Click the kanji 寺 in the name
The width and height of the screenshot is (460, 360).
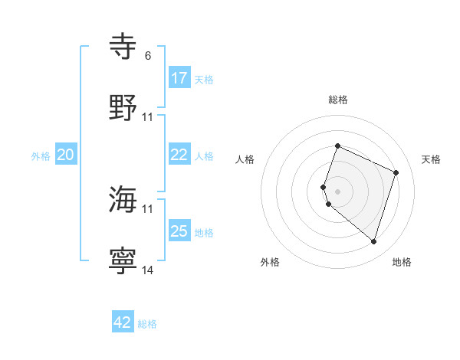click(123, 47)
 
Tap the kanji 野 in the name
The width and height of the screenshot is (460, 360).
click(123, 108)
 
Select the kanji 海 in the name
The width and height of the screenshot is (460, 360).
click(123, 200)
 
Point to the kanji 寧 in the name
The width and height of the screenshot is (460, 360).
click(123, 261)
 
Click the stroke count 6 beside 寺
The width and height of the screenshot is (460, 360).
click(147, 56)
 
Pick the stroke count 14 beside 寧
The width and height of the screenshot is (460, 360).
click(148, 270)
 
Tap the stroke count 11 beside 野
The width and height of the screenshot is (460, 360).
click(148, 117)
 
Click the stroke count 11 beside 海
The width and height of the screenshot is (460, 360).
click(148, 208)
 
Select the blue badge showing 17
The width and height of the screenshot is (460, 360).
click(179, 78)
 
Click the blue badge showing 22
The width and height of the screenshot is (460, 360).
click(179, 155)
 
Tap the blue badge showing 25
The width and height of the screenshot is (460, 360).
click(179, 231)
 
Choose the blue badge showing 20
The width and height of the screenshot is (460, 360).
click(66, 155)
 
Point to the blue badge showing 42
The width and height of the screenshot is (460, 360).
click(123, 322)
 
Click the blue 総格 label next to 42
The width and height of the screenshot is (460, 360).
click(147, 324)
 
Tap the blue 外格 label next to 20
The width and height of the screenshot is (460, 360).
click(41, 156)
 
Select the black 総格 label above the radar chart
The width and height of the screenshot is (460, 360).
click(338, 100)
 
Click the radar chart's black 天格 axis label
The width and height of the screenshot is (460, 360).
click(432, 159)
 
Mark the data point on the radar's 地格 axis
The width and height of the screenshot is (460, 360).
click(373, 241)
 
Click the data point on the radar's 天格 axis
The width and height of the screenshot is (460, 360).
click(396, 172)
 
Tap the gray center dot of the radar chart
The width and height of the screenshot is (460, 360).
click(338, 191)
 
